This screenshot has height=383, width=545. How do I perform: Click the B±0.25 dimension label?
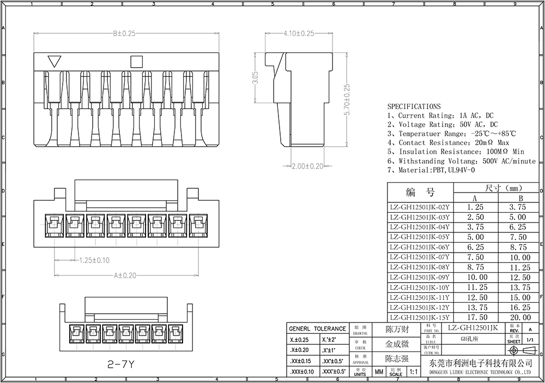coord(124,34)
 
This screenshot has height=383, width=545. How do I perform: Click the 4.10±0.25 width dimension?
coord(299,34)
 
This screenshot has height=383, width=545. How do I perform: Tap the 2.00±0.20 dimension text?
coord(307,166)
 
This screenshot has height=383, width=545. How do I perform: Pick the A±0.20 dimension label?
coord(125,276)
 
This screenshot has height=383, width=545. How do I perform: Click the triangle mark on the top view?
coord(55,61)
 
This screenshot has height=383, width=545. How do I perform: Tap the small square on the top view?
coord(136,61)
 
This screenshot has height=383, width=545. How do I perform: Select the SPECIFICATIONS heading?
coord(414,106)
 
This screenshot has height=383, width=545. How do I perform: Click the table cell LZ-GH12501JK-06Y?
coord(420,247)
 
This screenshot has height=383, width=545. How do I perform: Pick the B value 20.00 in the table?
coord(520,318)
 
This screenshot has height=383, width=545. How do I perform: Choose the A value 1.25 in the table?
coord(476,207)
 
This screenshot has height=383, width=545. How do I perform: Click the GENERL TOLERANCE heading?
coord(317,328)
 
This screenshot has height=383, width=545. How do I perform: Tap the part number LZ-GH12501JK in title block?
coord(473,328)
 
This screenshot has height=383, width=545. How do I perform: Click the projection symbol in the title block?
coord(520,350)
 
